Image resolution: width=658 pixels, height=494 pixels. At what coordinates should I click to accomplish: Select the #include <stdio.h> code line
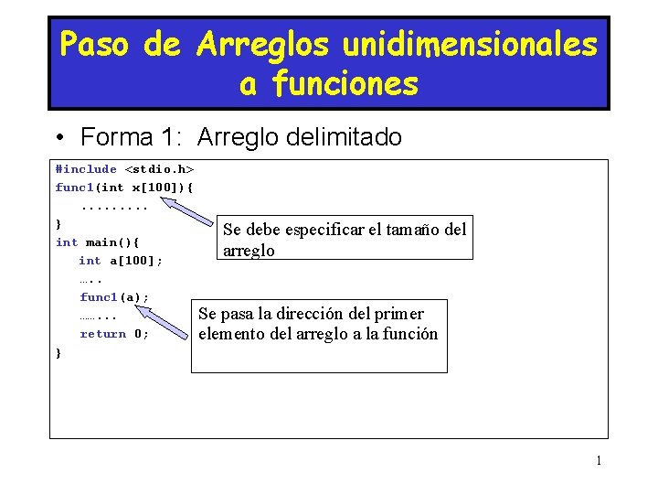pyautogui.click(x=124, y=169)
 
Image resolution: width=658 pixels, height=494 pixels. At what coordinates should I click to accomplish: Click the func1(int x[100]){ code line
pyautogui.click(x=124, y=188)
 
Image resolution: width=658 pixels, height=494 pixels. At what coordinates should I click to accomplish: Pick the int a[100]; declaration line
pyautogui.click(x=121, y=261)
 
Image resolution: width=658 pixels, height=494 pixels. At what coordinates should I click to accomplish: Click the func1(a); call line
pyautogui.click(x=114, y=297)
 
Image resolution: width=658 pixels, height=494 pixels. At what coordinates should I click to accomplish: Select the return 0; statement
pyautogui.click(x=114, y=334)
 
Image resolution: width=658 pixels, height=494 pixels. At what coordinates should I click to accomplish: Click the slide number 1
pyautogui.click(x=599, y=460)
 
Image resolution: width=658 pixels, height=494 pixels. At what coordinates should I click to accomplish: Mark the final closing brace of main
pyautogui.click(x=58, y=352)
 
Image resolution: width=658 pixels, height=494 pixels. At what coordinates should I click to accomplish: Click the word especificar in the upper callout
pyautogui.click(x=315, y=230)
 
